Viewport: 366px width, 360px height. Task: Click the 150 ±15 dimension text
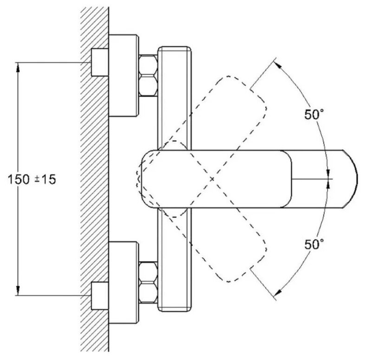coord(32,180)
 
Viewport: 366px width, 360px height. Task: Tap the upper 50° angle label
coord(315,115)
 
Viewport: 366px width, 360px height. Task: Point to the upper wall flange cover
coord(124,75)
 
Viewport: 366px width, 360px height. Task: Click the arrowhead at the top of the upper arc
coord(278,64)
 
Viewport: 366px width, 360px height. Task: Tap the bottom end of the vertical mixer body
coord(175,308)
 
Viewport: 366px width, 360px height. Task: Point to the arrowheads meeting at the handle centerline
coord(328,178)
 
